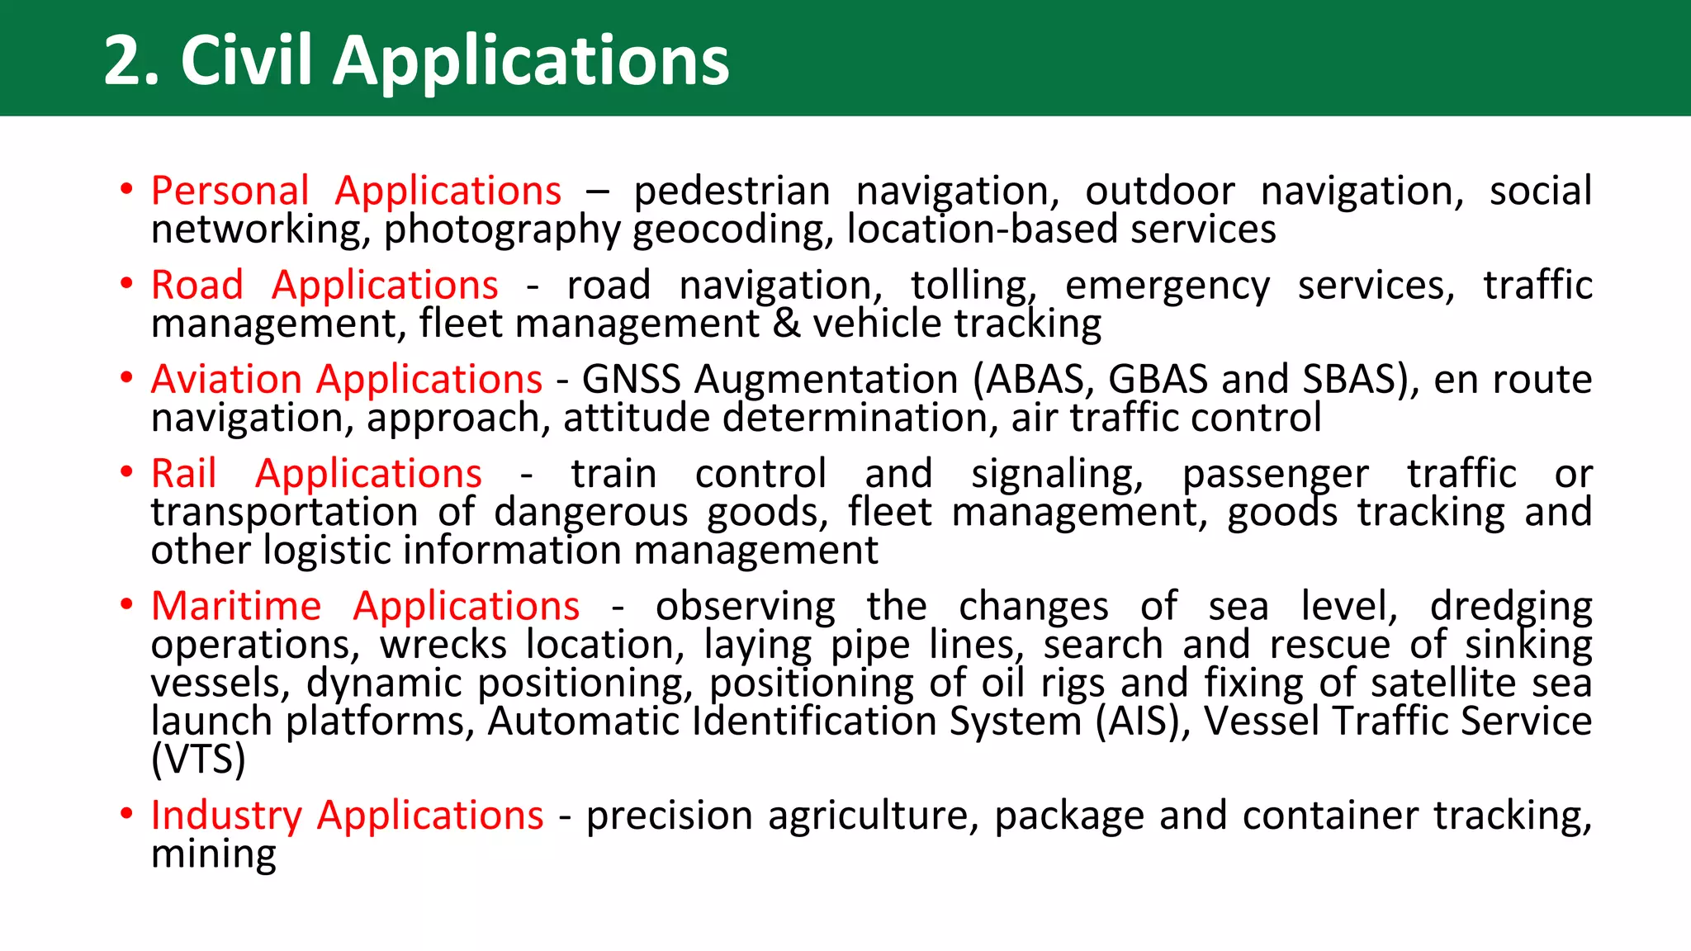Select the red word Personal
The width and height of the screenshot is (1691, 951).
230,191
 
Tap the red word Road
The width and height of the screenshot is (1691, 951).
197,285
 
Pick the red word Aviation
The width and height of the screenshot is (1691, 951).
226,380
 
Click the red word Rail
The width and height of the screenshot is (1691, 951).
183,474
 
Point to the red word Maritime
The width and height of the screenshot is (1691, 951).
235,606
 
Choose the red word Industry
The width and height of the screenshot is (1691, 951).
226,816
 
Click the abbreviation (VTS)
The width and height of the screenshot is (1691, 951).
198,759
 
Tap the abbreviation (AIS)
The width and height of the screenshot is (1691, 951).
1143,721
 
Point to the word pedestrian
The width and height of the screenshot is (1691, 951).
732,192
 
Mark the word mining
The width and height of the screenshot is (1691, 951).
213,854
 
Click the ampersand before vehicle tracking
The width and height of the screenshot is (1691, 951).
786,324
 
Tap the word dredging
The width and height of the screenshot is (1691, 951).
1510,607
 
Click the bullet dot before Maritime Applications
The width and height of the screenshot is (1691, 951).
126,605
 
